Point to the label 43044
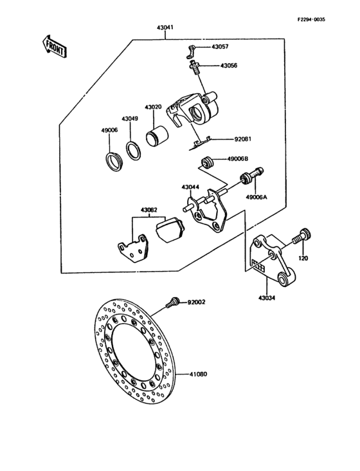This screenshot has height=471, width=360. [x=190, y=187]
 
